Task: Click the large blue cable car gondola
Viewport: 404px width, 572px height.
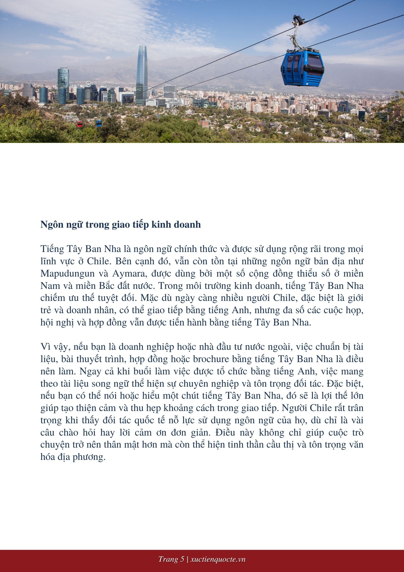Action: pyautogui.click(x=302, y=68)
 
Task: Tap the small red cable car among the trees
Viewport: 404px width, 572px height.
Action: pyautogui.click(x=79, y=124)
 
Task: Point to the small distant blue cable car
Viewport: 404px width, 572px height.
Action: pyautogui.click(x=99, y=123)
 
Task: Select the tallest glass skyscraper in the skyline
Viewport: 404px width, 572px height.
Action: pyautogui.click(x=141, y=76)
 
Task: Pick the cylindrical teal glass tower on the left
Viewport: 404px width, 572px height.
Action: pyautogui.click(x=63, y=86)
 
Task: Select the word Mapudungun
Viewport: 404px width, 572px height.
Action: pyautogui.click(x=67, y=273)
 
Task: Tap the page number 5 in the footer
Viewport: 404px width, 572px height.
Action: pyautogui.click(x=182, y=559)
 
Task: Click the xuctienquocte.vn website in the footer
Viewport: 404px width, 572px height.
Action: pyautogui.click(x=218, y=559)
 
